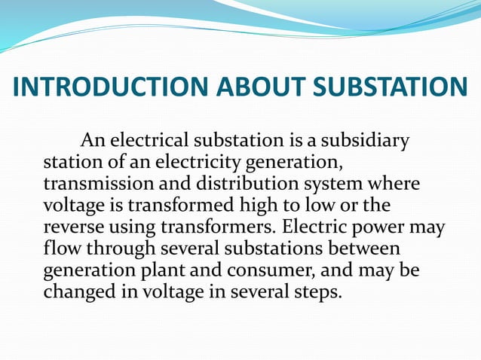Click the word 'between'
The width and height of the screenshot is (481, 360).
pyautogui.click(x=366, y=249)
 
